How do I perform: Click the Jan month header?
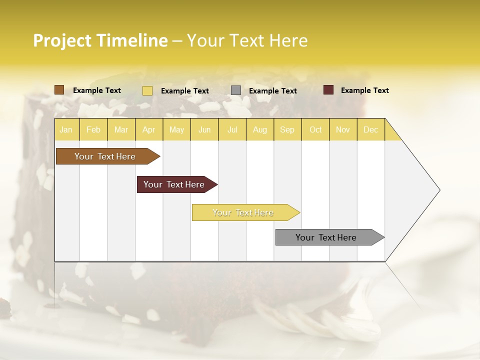pyautogui.click(x=66, y=129)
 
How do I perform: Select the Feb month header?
pyautogui.click(x=93, y=129)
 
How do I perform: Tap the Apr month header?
pyautogui.click(x=149, y=129)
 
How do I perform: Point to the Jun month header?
pyautogui.click(x=204, y=129)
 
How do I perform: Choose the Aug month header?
pyautogui.click(x=260, y=129)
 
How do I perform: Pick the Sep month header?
pyautogui.click(x=287, y=129)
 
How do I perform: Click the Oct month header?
pyautogui.click(x=315, y=129)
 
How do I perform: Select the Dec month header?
pyautogui.click(x=371, y=129)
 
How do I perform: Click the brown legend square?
pyautogui.click(x=59, y=90)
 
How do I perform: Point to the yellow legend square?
pyautogui.click(x=147, y=90)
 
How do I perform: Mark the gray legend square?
pyautogui.click(x=236, y=90)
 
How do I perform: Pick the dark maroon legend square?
pyautogui.click(x=328, y=90)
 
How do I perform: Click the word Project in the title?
pyautogui.click(x=62, y=40)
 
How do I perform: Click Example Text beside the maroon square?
pyautogui.click(x=364, y=90)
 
